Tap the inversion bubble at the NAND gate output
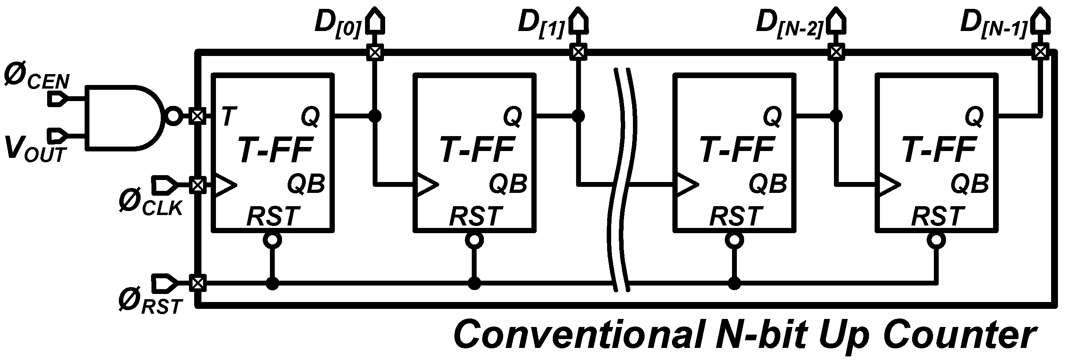pyautogui.click(x=173, y=116)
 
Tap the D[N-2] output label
pyautogui.click(x=788, y=23)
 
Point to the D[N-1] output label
pyautogui.click(x=993, y=23)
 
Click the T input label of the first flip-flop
pyautogui.click(x=229, y=116)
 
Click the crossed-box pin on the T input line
pyautogui.click(x=197, y=116)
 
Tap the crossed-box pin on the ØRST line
pyautogui.click(x=197, y=283)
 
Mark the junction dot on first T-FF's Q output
pyautogui.click(x=375, y=116)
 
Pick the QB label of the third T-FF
pyautogui.click(x=767, y=184)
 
